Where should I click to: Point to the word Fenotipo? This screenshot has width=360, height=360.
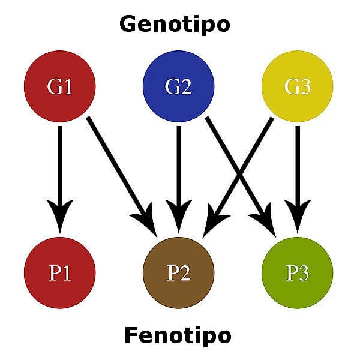click(x=178, y=335)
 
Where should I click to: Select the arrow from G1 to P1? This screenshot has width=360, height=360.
click(x=59, y=168)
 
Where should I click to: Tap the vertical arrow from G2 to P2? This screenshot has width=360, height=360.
click(x=178, y=162)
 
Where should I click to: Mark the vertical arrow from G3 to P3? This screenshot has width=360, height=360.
click(x=297, y=162)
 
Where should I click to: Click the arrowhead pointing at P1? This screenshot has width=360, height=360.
click(x=59, y=216)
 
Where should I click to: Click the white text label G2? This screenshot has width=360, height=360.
click(x=178, y=88)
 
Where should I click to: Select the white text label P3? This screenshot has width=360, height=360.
click(x=297, y=274)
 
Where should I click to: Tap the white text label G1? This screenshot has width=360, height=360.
click(x=60, y=88)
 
